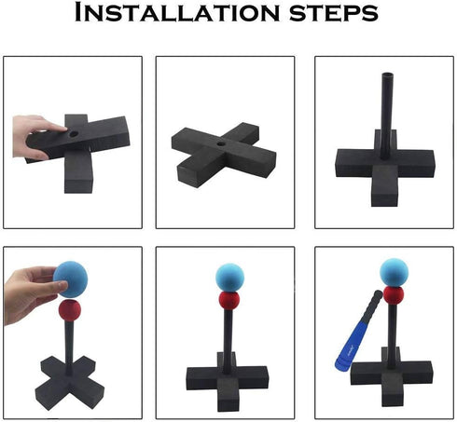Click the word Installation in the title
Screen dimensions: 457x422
tap(177, 12)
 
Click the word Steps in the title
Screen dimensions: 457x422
tap(334, 14)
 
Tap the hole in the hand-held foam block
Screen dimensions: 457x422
tap(74, 134)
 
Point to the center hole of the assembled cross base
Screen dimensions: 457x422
tap(221, 144)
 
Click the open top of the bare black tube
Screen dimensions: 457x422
tap(387, 75)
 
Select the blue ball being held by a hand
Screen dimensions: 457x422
tap(71, 279)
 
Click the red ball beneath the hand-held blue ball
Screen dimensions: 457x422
tap(70, 310)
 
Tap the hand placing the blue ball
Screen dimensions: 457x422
tap(31, 293)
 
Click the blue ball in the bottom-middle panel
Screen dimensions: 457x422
tap(230, 278)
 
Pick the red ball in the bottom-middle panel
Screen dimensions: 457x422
tap(229, 300)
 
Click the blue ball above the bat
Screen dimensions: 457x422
tap(394, 272)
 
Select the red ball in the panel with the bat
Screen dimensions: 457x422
tap(394, 295)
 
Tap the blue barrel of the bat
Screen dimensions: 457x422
tap(351, 346)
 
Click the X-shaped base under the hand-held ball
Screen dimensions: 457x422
tap(70, 383)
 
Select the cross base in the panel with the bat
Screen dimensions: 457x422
tap(391, 376)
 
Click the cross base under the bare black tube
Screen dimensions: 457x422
tap(385, 168)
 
